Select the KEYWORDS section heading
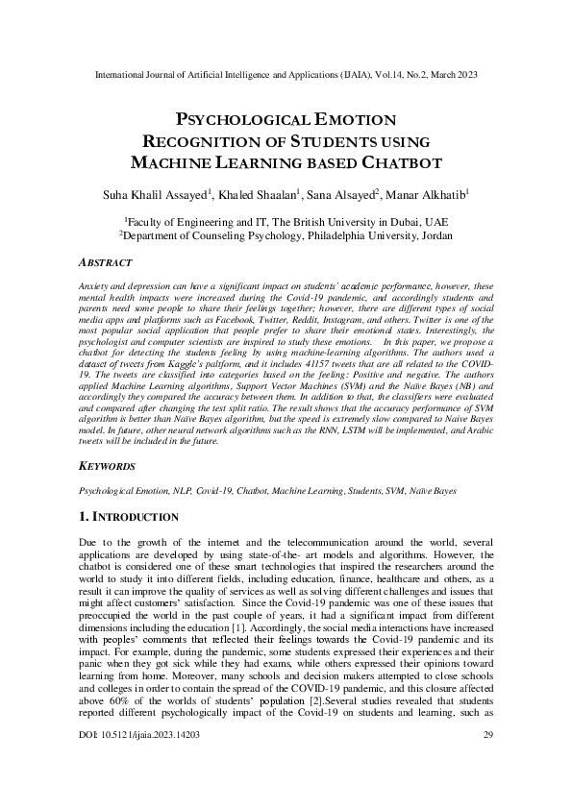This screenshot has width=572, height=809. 106,466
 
